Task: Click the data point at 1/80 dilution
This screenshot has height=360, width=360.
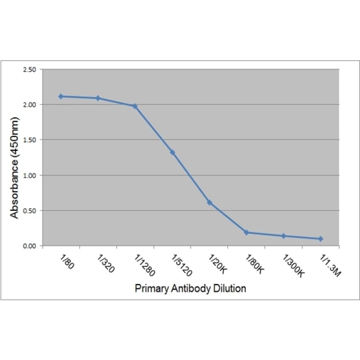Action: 61,97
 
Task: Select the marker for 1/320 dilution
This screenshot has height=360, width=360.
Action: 98,98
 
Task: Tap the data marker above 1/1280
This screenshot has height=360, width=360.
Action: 135,106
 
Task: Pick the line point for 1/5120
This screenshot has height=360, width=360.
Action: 172,153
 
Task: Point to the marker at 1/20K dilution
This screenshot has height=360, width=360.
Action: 209,203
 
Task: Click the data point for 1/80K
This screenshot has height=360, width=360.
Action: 246,233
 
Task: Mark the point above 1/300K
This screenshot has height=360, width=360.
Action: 284,236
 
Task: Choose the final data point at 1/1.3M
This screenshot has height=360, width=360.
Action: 320,239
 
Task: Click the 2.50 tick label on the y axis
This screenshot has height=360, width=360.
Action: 30,70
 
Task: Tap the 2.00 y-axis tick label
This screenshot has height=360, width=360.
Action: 30,105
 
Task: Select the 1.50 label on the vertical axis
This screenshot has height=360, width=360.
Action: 30,140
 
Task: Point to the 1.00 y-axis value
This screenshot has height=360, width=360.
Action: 30,176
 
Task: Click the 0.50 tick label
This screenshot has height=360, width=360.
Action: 30,211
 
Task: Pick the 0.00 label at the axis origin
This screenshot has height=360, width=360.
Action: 30,246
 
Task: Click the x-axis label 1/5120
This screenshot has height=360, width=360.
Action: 181,265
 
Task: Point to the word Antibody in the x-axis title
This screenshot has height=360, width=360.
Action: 191,288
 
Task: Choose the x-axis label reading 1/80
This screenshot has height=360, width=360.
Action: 67,262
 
